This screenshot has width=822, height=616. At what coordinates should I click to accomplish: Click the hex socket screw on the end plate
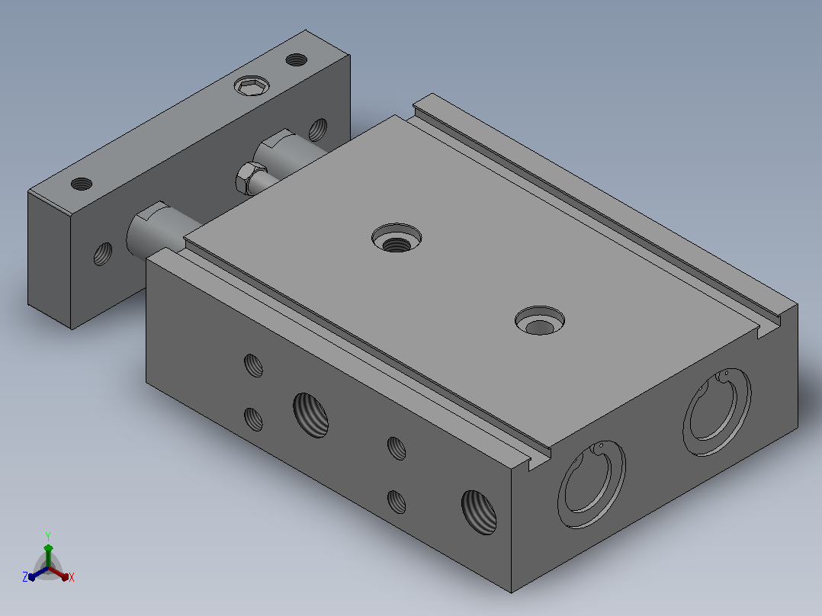252,85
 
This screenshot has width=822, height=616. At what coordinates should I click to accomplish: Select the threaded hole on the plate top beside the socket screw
296,59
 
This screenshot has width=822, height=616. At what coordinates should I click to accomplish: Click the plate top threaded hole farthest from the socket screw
82,184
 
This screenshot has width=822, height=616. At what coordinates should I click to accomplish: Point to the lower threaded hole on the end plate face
103,254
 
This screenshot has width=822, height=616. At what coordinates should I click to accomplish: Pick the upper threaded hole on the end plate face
318,130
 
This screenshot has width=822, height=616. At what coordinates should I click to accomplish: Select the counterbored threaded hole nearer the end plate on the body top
397,238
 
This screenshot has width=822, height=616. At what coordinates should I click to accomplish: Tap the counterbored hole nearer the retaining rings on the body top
540,320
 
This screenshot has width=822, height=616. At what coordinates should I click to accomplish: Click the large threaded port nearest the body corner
479,512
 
